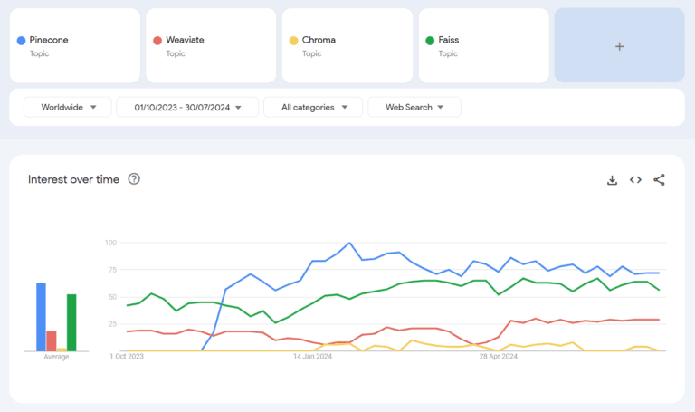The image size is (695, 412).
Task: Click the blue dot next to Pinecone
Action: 21,41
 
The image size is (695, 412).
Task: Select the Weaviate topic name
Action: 185,40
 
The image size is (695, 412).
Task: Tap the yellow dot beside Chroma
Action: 293,41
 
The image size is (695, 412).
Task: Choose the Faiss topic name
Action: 449,40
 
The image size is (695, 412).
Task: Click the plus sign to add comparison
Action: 620,46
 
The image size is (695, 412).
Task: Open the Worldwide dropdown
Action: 67,107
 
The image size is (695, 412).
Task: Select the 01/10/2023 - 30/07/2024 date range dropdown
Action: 187,107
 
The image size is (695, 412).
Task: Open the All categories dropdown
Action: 313,107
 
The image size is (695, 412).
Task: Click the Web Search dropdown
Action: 414,107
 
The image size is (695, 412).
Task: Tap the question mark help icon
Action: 134,178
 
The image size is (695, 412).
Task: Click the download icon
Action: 612,180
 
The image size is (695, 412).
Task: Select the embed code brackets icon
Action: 635,179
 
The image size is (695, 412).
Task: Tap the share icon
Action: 659,179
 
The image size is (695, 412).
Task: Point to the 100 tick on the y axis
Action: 110,243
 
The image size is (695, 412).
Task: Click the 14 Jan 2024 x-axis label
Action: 312,356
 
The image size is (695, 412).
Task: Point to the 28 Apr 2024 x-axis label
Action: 499,356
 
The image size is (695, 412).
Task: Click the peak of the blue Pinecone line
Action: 349,243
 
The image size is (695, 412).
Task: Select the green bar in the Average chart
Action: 71,322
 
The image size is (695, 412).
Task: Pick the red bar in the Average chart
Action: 52,341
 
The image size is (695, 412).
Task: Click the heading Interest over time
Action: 73,179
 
